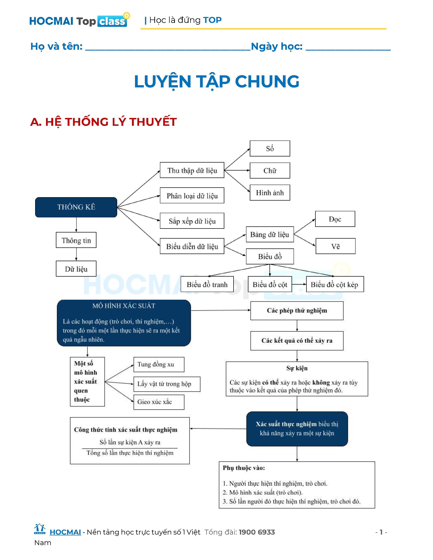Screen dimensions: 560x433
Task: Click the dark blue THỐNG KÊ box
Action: pos(76,207)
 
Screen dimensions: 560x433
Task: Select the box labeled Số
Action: pos(270,148)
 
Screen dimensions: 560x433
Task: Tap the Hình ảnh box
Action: pos(270,193)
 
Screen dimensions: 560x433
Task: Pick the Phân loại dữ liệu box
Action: pos(192,196)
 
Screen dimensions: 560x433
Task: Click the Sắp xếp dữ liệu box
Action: pos(192,221)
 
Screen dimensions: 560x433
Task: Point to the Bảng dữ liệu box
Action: pos(270,234)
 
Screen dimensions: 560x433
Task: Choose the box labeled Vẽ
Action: pos(335,246)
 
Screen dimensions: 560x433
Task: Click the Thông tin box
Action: pos(76,240)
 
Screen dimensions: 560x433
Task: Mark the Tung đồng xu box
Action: pos(159,364)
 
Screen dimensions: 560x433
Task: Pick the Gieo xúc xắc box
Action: pos(159,402)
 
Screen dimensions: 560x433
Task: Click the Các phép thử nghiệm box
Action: pos(297,311)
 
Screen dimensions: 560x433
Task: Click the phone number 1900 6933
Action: pos(257,532)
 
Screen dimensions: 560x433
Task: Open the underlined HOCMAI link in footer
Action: pos(65,532)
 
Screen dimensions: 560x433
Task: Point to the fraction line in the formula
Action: pos(130,448)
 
